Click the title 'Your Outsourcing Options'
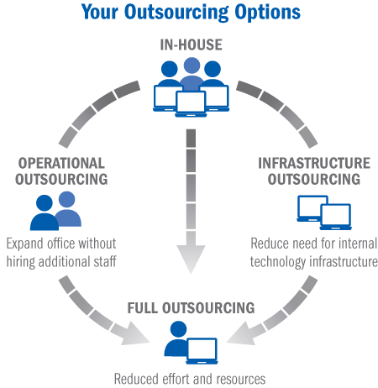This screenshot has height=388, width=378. pos(191,13)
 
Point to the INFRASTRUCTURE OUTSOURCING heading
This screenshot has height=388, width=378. pos(314,170)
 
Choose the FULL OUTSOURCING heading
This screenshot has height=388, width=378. pos(190,308)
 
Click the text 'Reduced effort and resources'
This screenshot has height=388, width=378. pos(191,379)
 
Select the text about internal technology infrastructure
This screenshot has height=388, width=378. pos(314,252)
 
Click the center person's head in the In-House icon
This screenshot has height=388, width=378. pos(192,66)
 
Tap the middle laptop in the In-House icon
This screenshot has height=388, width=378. pos(192,102)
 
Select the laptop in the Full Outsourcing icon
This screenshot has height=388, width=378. pos(202,347)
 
